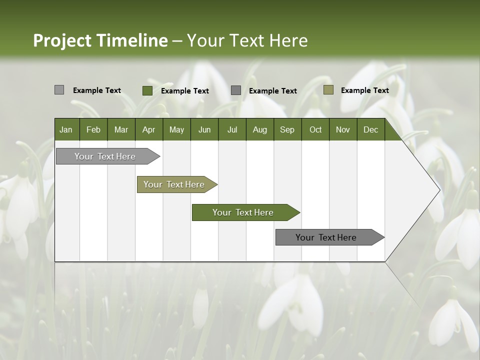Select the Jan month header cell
66,129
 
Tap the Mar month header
121,129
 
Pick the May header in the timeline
176,129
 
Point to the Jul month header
232,129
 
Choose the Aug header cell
259,129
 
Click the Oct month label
315,129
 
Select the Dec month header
370,129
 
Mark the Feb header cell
93,129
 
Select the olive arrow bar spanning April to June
175,184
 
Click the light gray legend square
59,90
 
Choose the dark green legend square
147,90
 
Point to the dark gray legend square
236,90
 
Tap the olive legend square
328,90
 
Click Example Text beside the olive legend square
364,90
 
